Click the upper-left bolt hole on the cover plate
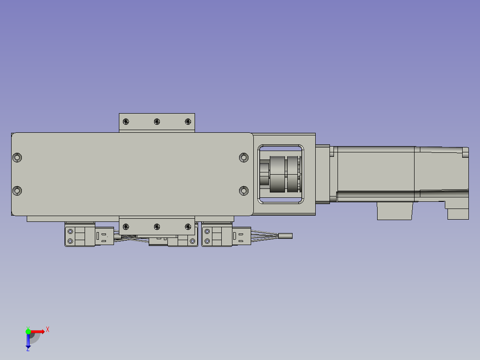coord(17,157)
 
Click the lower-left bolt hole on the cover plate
coord(17,191)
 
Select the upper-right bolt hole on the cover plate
coord(244,157)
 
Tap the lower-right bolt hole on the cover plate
coord(244,191)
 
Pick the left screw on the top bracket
coord(126,121)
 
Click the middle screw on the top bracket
coord(157,121)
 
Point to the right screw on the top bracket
coord(187,121)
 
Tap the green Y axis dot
coord(28,331)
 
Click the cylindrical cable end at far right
coord(285,236)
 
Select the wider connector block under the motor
coord(394,211)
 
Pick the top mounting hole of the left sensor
coord(70,231)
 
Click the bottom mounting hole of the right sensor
coord(207,241)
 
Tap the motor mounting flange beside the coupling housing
coord(323,174)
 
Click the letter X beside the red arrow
coord(48,329)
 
